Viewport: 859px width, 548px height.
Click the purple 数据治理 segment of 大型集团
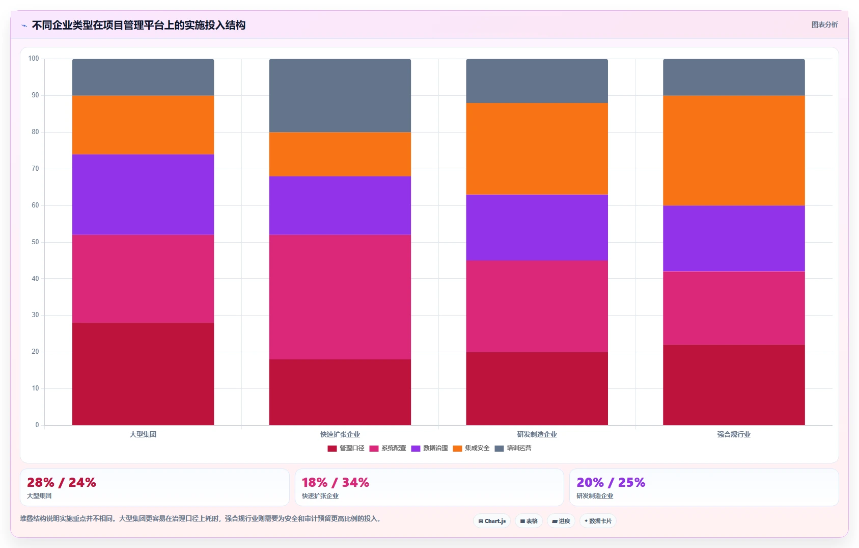click(x=143, y=194)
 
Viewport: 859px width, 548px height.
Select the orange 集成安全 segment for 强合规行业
click(x=734, y=150)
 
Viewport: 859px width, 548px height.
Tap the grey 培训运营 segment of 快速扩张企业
click(x=340, y=96)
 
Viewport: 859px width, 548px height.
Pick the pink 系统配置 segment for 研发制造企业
click(x=537, y=306)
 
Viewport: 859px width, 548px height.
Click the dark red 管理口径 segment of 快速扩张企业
click(x=340, y=392)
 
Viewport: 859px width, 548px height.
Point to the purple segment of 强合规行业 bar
click(x=734, y=239)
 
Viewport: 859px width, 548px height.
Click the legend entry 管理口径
click(x=346, y=448)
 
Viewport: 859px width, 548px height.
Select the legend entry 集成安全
click(x=472, y=448)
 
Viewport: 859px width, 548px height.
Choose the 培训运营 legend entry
click(x=513, y=448)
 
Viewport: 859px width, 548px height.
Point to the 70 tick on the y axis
click(x=35, y=169)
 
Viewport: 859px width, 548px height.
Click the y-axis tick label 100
click(x=34, y=59)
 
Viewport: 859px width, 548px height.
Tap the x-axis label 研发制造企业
click(x=537, y=434)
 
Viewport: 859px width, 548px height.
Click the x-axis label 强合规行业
click(x=734, y=434)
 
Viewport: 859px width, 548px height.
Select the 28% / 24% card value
click(x=61, y=482)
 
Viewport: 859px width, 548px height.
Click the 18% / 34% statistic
click(x=336, y=482)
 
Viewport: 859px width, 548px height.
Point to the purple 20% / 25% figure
click(x=611, y=482)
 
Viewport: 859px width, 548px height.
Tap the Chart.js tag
click(x=492, y=521)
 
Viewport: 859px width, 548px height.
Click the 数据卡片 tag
click(x=598, y=521)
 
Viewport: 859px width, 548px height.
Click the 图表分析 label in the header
click(x=824, y=24)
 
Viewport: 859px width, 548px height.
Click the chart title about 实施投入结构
click(x=138, y=25)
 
